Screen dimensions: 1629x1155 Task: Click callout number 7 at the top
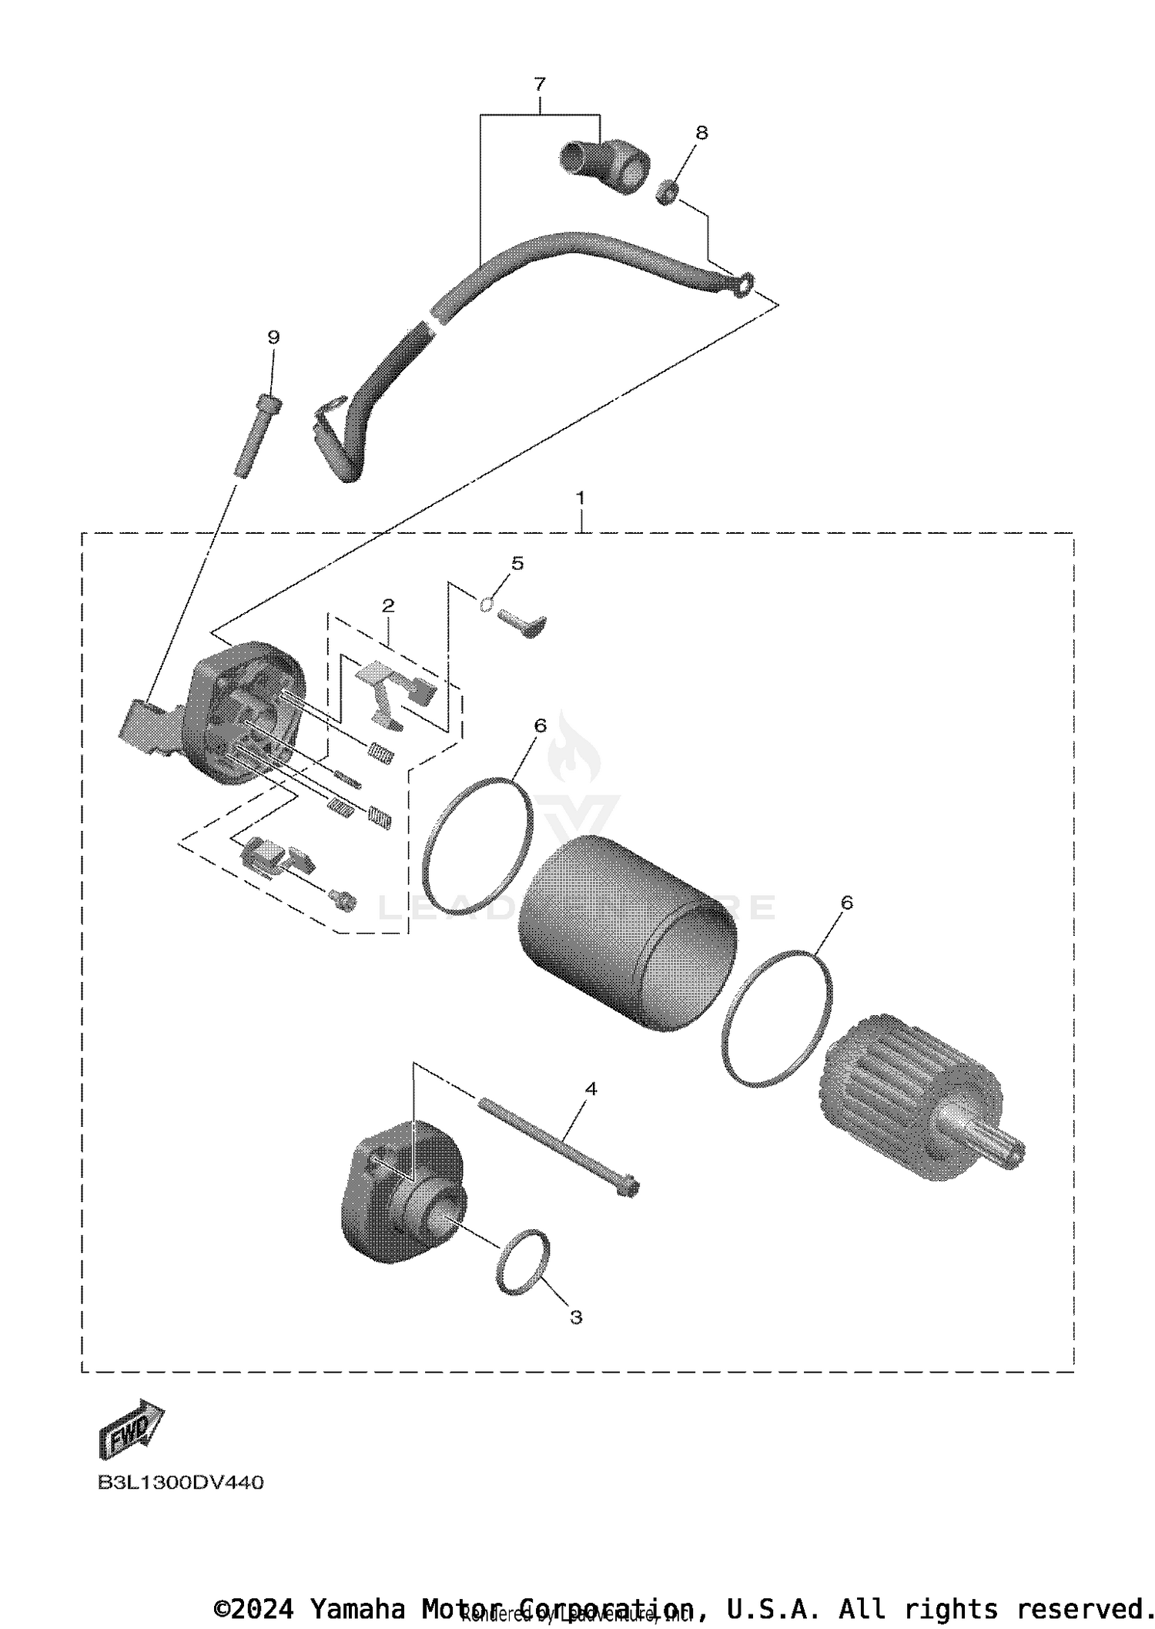(539, 84)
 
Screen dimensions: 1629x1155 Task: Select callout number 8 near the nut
(701, 132)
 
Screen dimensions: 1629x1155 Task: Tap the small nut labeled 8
(667, 193)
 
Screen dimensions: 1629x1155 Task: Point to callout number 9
(273, 337)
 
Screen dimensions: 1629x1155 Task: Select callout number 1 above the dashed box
(580, 498)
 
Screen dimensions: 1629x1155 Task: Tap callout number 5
(517, 563)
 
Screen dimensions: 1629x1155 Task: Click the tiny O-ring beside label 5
(486, 605)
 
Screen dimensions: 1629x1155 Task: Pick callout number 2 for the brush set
(388, 605)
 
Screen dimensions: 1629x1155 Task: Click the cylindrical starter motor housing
(627, 933)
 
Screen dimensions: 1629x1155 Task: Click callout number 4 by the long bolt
(591, 1089)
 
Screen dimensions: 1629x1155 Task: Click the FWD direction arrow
(131, 1429)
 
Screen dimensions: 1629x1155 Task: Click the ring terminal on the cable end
(743, 286)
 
